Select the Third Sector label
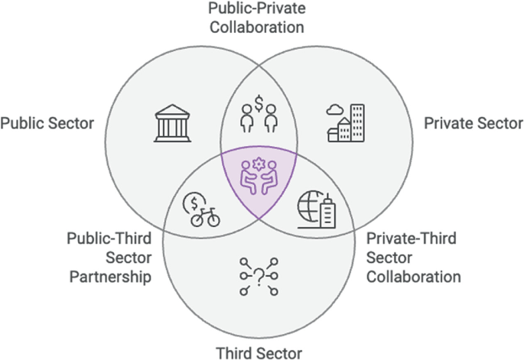coord(259,352)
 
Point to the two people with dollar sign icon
coord(258,114)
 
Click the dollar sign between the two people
coord(259,100)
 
